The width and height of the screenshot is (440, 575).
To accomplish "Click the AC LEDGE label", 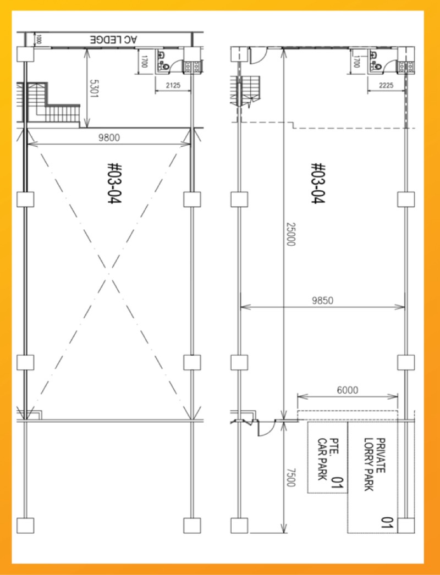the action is pyautogui.click(x=113, y=40).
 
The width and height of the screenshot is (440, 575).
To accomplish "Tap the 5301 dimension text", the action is pyautogui.click(x=94, y=89).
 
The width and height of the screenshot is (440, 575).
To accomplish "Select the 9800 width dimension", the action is pyautogui.click(x=109, y=137).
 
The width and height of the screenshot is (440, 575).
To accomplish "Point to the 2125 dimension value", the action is pyautogui.click(x=173, y=85).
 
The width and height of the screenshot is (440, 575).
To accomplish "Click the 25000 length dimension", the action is pyautogui.click(x=290, y=234).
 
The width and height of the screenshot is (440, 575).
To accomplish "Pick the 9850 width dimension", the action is pyautogui.click(x=322, y=301).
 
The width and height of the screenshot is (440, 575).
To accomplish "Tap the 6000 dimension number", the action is pyautogui.click(x=348, y=390).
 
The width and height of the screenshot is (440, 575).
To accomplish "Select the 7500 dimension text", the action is pyautogui.click(x=290, y=478).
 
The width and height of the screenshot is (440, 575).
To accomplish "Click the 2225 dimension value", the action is pyautogui.click(x=386, y=85).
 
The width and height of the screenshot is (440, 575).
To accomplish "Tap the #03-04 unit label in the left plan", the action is pyautogui.click(x=114, y=184).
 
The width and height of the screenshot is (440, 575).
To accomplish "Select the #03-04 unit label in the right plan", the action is pyautogui.click(x=318, y=184).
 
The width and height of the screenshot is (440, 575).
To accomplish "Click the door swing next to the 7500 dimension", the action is pyautogui.click(x=267, y=428).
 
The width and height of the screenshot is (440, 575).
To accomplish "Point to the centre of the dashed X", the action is pyautogui.click(x=108, y=273).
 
